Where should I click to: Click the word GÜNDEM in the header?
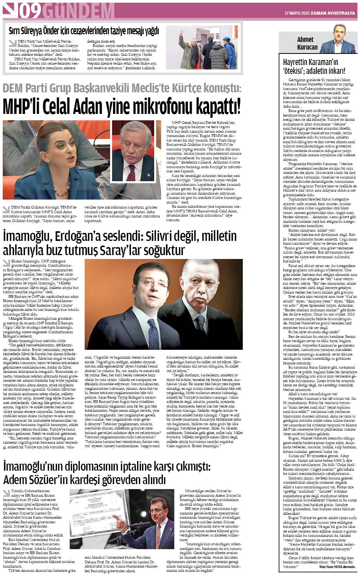[73, 12]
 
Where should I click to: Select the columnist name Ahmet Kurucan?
[307, 43]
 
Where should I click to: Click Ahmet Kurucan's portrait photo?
[338, 39]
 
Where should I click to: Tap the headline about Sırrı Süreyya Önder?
[84, 31]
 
